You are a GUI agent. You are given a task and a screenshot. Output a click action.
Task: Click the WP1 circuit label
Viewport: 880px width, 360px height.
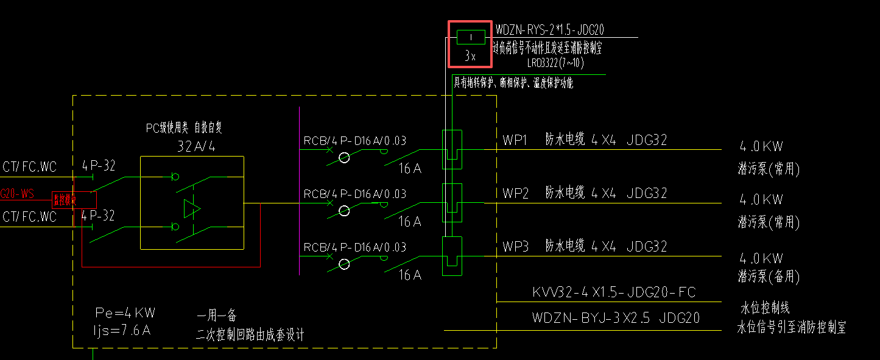[x=515, y=140]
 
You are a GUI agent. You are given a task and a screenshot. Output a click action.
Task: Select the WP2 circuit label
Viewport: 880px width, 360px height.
[x=515, y=194]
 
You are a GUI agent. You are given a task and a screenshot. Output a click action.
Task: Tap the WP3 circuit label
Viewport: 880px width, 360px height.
[x=515, y=247]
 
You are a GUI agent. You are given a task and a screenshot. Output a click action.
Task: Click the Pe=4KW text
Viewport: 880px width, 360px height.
[x=125, y=313]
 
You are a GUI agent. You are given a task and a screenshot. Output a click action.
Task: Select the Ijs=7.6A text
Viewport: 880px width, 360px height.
[x=122, y=331]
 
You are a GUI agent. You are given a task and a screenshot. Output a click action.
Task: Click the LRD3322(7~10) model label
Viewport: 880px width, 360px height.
[x=555, y=63]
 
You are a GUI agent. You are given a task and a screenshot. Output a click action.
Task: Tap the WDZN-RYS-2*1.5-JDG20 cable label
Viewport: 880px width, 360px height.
[x=549, y=30]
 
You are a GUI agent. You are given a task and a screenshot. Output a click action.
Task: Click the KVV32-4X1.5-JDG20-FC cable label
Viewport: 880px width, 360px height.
[x=614, y=292]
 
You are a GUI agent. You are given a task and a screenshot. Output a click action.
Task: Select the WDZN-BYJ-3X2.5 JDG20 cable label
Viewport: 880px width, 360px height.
[x=616, y=318]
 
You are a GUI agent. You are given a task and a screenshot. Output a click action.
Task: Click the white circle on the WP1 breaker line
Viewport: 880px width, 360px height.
[x=344, y=158]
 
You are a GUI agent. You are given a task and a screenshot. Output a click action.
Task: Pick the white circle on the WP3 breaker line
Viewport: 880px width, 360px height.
[x=344, y=264]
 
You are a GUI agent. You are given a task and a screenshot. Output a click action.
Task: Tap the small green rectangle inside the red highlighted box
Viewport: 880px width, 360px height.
[x=471, y=37]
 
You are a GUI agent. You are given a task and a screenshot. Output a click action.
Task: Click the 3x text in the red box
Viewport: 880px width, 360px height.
[x=470, y=57]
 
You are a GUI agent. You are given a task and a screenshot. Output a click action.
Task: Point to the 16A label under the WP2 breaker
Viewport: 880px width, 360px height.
[x=410, y=222]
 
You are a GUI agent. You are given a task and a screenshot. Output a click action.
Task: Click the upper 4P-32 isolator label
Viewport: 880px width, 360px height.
[x=99, y=165]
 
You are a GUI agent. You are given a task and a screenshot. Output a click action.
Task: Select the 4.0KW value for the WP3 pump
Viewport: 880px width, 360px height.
[x=761, y=258]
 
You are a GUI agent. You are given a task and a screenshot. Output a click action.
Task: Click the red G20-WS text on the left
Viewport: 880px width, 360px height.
[x=17, y=194]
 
